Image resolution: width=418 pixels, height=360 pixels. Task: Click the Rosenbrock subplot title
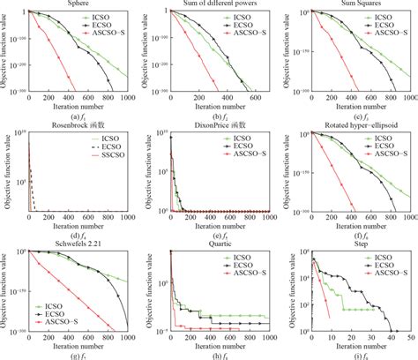(x=71, y=124)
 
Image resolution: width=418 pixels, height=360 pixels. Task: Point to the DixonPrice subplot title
(x=209, y=124)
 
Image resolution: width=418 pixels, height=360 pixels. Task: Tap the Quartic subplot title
(x=209, y=243)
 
